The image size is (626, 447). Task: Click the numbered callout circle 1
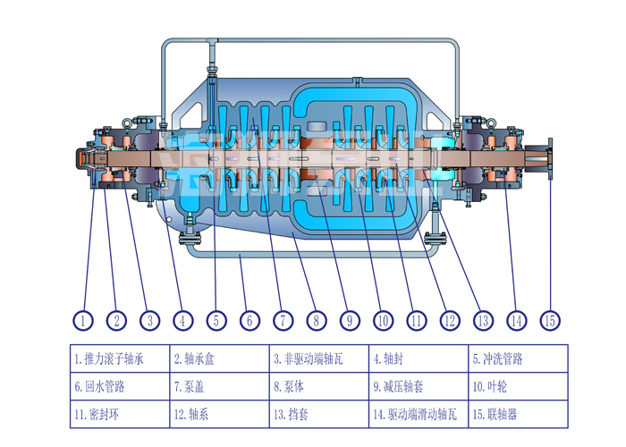[x=82, y=319]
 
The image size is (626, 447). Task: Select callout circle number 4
[x=182, y=319]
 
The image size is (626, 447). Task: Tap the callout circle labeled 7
[x=283, y=319]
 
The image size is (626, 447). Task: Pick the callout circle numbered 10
[x=383, y=319]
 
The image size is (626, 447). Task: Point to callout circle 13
[x=483, y=319]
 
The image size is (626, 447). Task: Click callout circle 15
[x=550, y=319]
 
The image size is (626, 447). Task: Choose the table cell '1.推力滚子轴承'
[x=120, y=359]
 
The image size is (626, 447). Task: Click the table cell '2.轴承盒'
[x=219, y=359]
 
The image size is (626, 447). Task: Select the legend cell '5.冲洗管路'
[x=518, y=359]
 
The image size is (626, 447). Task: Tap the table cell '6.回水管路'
[x=120, y=387]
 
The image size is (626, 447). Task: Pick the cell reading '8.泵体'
[x=318, y=387]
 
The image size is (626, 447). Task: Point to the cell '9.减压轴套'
[x=418, y=387]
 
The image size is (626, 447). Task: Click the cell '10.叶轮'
[x=518, y=387]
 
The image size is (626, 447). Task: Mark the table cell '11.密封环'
[x=120, y=415]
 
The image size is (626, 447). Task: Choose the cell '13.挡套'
[x=318, y=415]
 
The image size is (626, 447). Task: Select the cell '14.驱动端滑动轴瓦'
[x=418, y=415]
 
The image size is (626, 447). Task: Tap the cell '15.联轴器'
[x=518, y=415]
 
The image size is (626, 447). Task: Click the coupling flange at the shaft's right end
[x=549, y=158]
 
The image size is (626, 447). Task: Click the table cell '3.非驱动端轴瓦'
[x=318, y=359]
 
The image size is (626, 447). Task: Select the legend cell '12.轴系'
[x=219, y=415]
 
